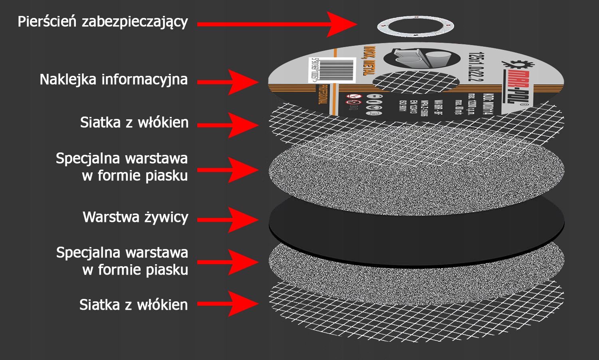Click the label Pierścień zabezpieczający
[103, 22]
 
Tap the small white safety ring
[415, 27]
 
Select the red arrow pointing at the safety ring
[276, 24]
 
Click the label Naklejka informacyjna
[113, 79]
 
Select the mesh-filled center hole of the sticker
[415, 83]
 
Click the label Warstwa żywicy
[135, 218]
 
